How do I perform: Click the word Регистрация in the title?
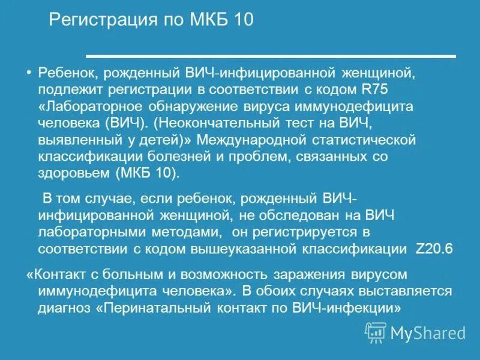click(x=95, y=21)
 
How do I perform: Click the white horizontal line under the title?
click(x=271, y=56)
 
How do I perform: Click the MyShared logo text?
click(x=427, y=333)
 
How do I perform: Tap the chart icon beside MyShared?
click(x=376, y=332)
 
